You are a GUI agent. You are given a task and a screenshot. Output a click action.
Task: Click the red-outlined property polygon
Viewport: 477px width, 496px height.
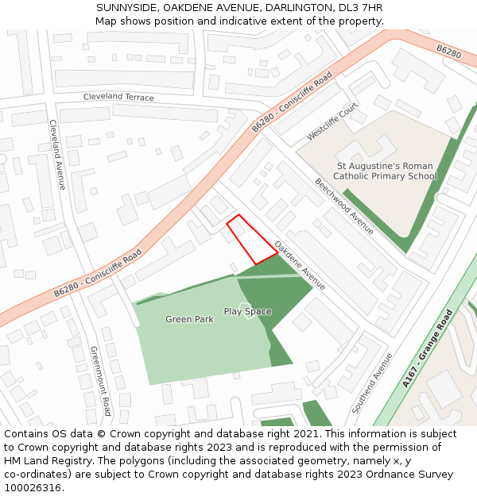pos(251,240)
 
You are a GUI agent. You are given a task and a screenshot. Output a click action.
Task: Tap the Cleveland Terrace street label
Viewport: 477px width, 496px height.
pos(118,97)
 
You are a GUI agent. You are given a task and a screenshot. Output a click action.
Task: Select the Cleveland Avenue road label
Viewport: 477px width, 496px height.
pos(56,154)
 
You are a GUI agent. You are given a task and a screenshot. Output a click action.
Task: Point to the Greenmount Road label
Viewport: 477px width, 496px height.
pos(101,381)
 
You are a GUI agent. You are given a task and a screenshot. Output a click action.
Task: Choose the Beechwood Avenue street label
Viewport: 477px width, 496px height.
pos(344,206)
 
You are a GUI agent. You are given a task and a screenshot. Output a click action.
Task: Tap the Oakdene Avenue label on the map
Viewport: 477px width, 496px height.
pos(300,265)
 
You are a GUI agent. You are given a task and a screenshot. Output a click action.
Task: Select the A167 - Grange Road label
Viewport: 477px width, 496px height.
pos(427,348)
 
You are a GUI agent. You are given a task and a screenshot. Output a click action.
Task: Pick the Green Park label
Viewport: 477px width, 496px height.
pos(189,319)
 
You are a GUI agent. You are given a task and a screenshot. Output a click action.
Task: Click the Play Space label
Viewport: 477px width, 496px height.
pos(247,311)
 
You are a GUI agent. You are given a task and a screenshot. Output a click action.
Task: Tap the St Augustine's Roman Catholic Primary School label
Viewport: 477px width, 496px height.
pos(385,171)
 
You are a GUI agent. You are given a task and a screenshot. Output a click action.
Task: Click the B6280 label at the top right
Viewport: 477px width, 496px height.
pos(448,52)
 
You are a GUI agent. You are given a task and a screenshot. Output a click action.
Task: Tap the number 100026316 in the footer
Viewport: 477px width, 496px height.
pos(32,488)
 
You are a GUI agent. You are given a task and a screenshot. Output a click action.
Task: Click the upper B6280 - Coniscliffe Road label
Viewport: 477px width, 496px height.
pos(292,102)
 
